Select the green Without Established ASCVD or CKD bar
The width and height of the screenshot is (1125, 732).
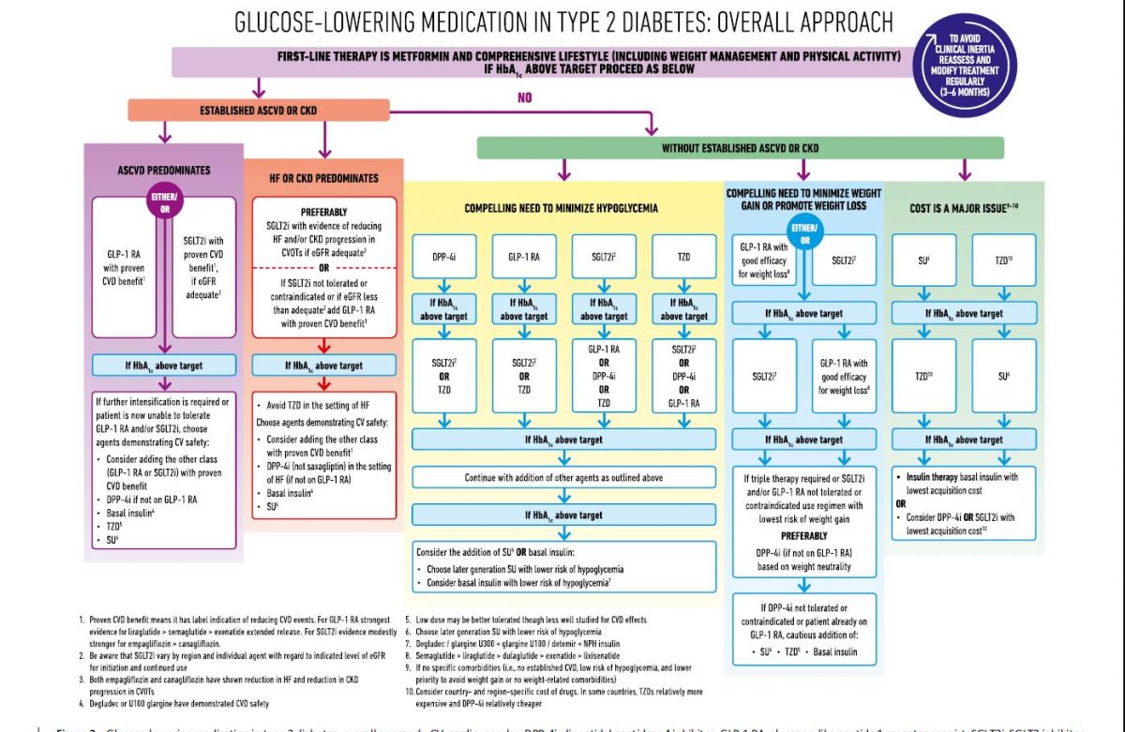pos(740,148)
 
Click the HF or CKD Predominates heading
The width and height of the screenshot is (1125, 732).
pos(324,178)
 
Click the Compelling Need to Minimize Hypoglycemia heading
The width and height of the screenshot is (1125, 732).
pos(562,207)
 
